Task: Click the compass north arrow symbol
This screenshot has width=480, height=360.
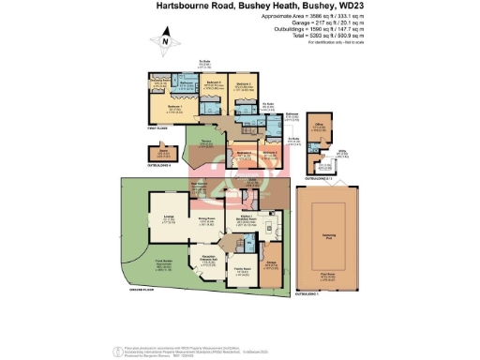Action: (x=166, y=40)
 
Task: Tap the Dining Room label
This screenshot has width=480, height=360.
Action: (x=206, y=220)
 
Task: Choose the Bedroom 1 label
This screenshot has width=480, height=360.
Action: (x=172, y=109)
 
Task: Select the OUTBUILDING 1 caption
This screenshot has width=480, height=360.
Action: (x=308, y=294)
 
